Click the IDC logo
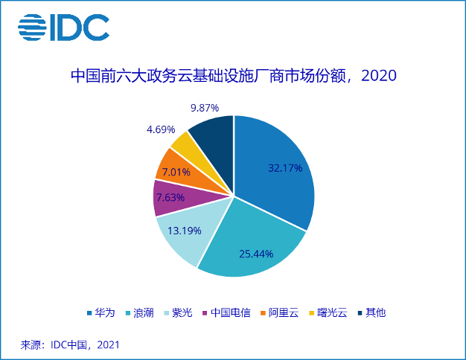click(63, 28)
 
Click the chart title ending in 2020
click(233, 76)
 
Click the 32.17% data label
click(285, 168)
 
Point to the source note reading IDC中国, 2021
click(70, 345)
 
